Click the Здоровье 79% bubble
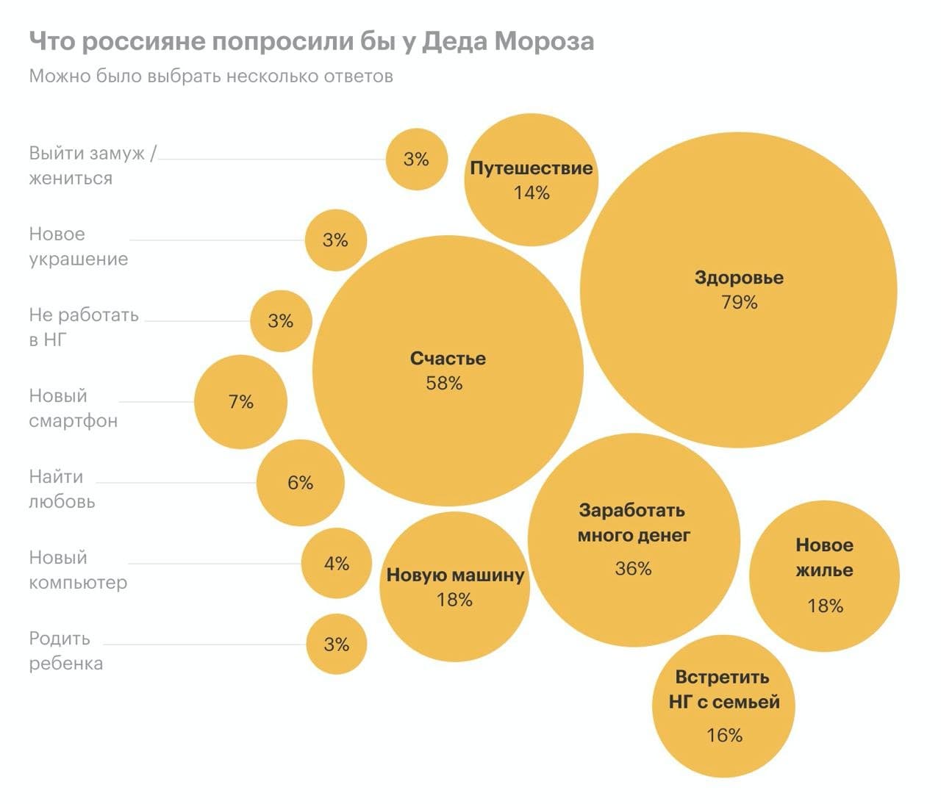click(738, 290)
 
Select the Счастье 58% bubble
click(447, 370)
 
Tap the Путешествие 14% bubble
click(531, 180)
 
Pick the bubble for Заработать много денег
click(633, 540)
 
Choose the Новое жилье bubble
click(824, 575)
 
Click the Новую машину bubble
click(454, 586)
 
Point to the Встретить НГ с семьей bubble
click(723, 706)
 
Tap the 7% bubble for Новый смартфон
click(240, 402)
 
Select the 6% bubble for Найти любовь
click(300, 483)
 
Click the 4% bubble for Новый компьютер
click(336, 564)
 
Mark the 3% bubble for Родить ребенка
click(336, 645)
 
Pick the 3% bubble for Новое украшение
click(335, 240)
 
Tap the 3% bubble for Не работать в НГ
click(280, 321)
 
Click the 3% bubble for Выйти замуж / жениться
click(416, 159)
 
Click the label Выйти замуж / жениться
click(91, 166)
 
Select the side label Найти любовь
click(62, 489)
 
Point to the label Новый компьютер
click(77, 570)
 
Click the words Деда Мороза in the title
click(507, 42)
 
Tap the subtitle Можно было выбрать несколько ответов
click(211, 76)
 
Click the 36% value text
click(633, 569)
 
